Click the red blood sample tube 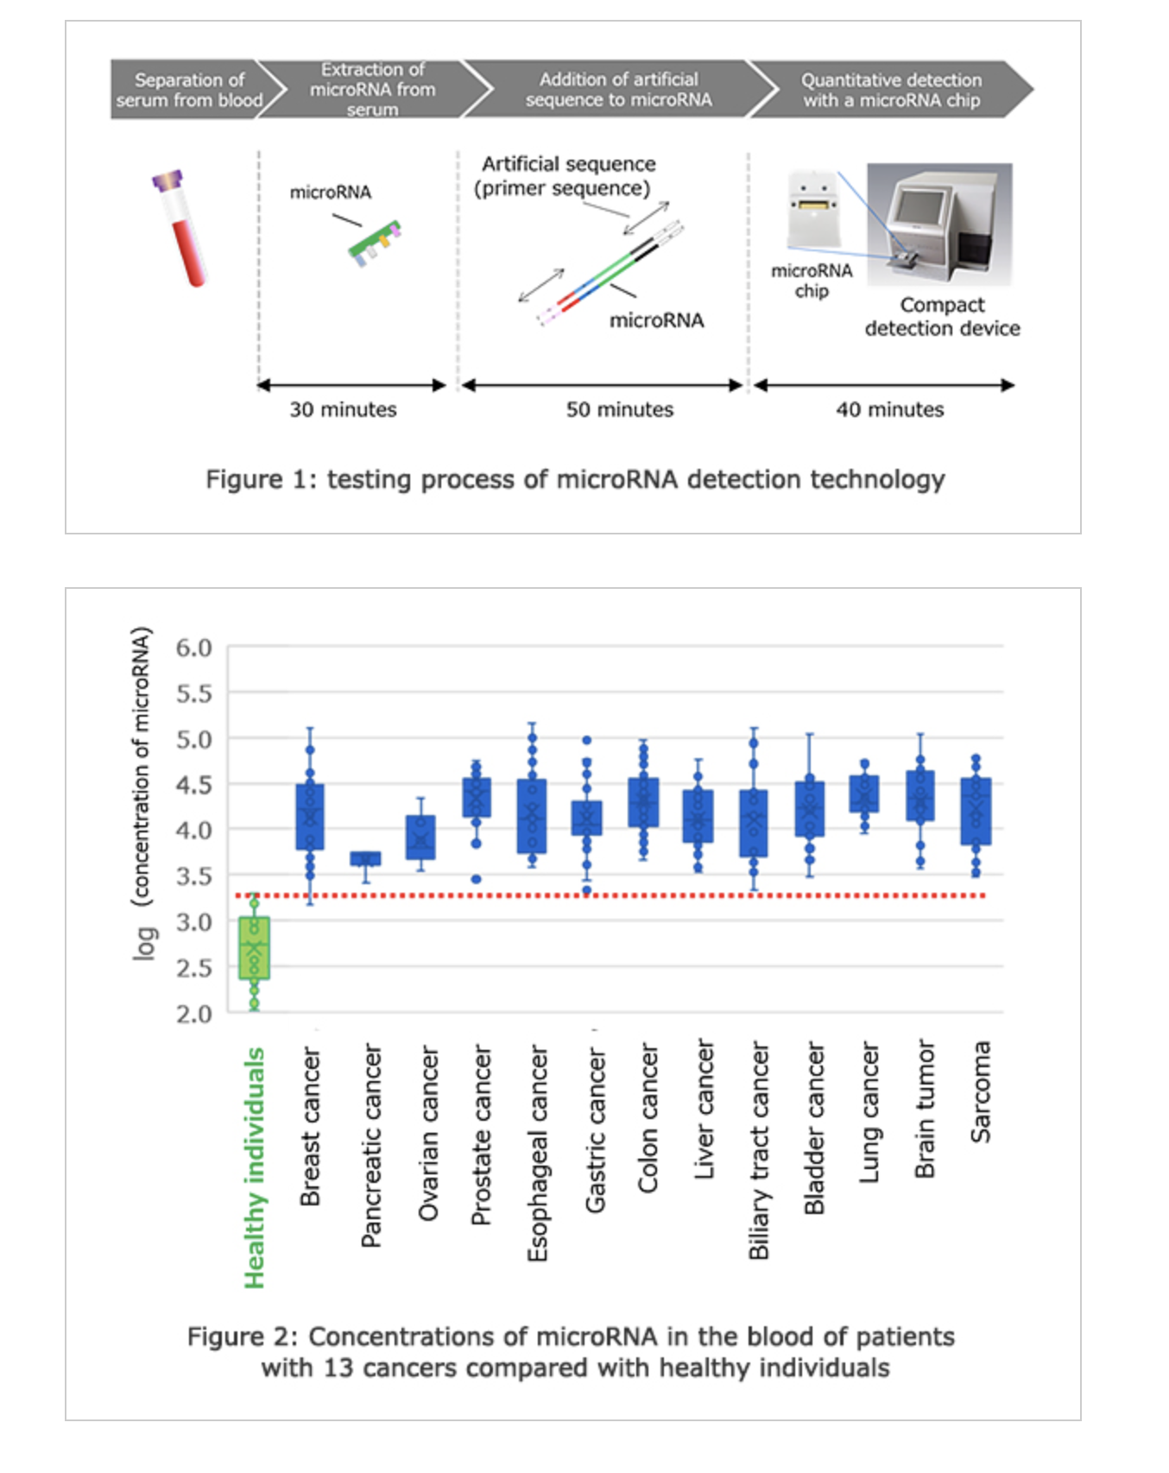(182, 228)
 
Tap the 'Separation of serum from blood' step (190, 90)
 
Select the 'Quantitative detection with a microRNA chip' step (891, 90)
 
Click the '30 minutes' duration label (343, 409)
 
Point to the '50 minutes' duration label (619, 409)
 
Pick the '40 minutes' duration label (889, 409)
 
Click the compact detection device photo (939, 224)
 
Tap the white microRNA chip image (813, 210)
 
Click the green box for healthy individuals (254, 948)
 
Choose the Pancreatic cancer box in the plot (365, 858)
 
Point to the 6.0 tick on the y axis (193, 648)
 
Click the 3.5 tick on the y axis (193, 876)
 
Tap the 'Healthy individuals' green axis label (254, 1168)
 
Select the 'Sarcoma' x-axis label (981, 1092)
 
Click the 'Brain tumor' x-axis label (925, 1109)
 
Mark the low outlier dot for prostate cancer (476, 879)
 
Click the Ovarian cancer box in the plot (420, 837)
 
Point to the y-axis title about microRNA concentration (142, 793)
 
